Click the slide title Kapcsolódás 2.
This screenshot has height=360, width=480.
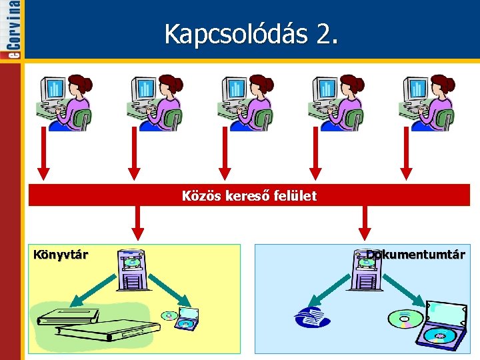coord(251,33)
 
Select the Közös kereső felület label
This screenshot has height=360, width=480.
coord(249,196)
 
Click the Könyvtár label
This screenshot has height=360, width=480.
coord(61,254)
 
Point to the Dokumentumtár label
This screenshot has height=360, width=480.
coord(415,254)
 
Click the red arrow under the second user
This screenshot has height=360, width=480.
coord(135,153)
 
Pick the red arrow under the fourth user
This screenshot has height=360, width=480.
coord(317,153)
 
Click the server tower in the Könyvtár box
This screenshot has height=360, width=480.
coord(130,269)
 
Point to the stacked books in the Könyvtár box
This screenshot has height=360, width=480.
coord(97,325)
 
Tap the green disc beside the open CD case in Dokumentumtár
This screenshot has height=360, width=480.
coord(404,318)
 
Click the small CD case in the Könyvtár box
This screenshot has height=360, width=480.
coord(181,319)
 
